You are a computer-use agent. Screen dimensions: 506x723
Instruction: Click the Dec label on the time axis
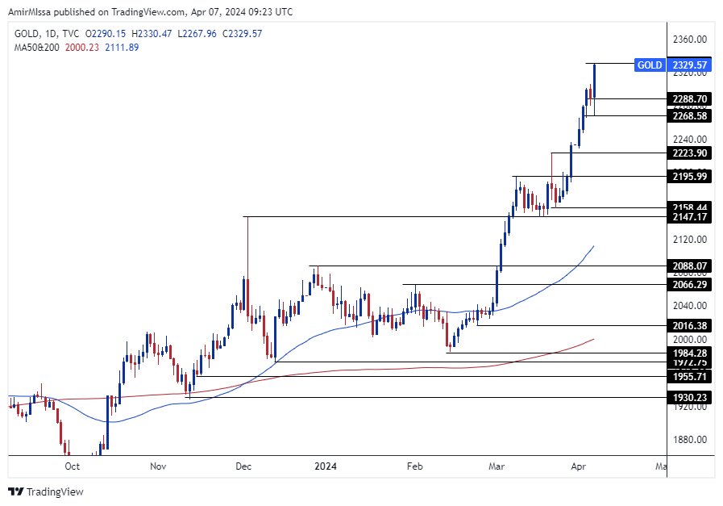244,466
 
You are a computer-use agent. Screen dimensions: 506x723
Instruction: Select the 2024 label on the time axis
326,466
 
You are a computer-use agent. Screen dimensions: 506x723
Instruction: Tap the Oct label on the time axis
72,466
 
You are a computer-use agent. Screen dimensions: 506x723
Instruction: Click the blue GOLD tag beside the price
650,65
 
